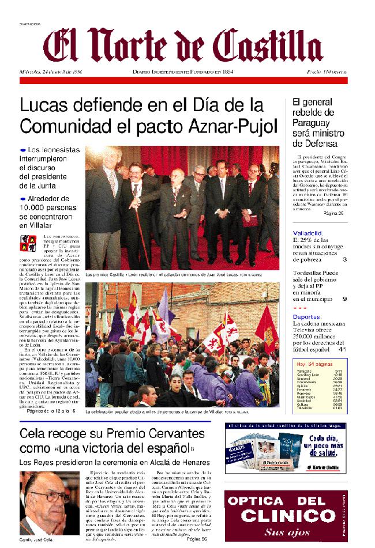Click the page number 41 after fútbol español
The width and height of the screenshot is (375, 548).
(x=342, y=349)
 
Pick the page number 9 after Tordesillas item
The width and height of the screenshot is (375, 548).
(x=344, y=299)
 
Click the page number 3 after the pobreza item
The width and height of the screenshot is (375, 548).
(x=344, y=259)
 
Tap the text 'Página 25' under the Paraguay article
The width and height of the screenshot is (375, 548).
(x=333, y=213)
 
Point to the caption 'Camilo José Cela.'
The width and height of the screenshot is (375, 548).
(x=37, y=539)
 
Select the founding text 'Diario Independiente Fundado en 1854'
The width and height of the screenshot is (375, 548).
(x=182, y=72)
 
